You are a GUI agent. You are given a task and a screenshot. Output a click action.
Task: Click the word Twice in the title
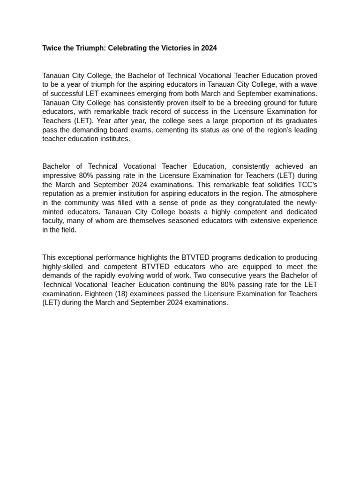click(52, 48)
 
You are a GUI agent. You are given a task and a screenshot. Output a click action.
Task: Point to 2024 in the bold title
click(209, 48)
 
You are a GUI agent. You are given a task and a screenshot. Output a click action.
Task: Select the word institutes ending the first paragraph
click(113, 139)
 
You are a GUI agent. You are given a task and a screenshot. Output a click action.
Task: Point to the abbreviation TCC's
click(307, 185)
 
